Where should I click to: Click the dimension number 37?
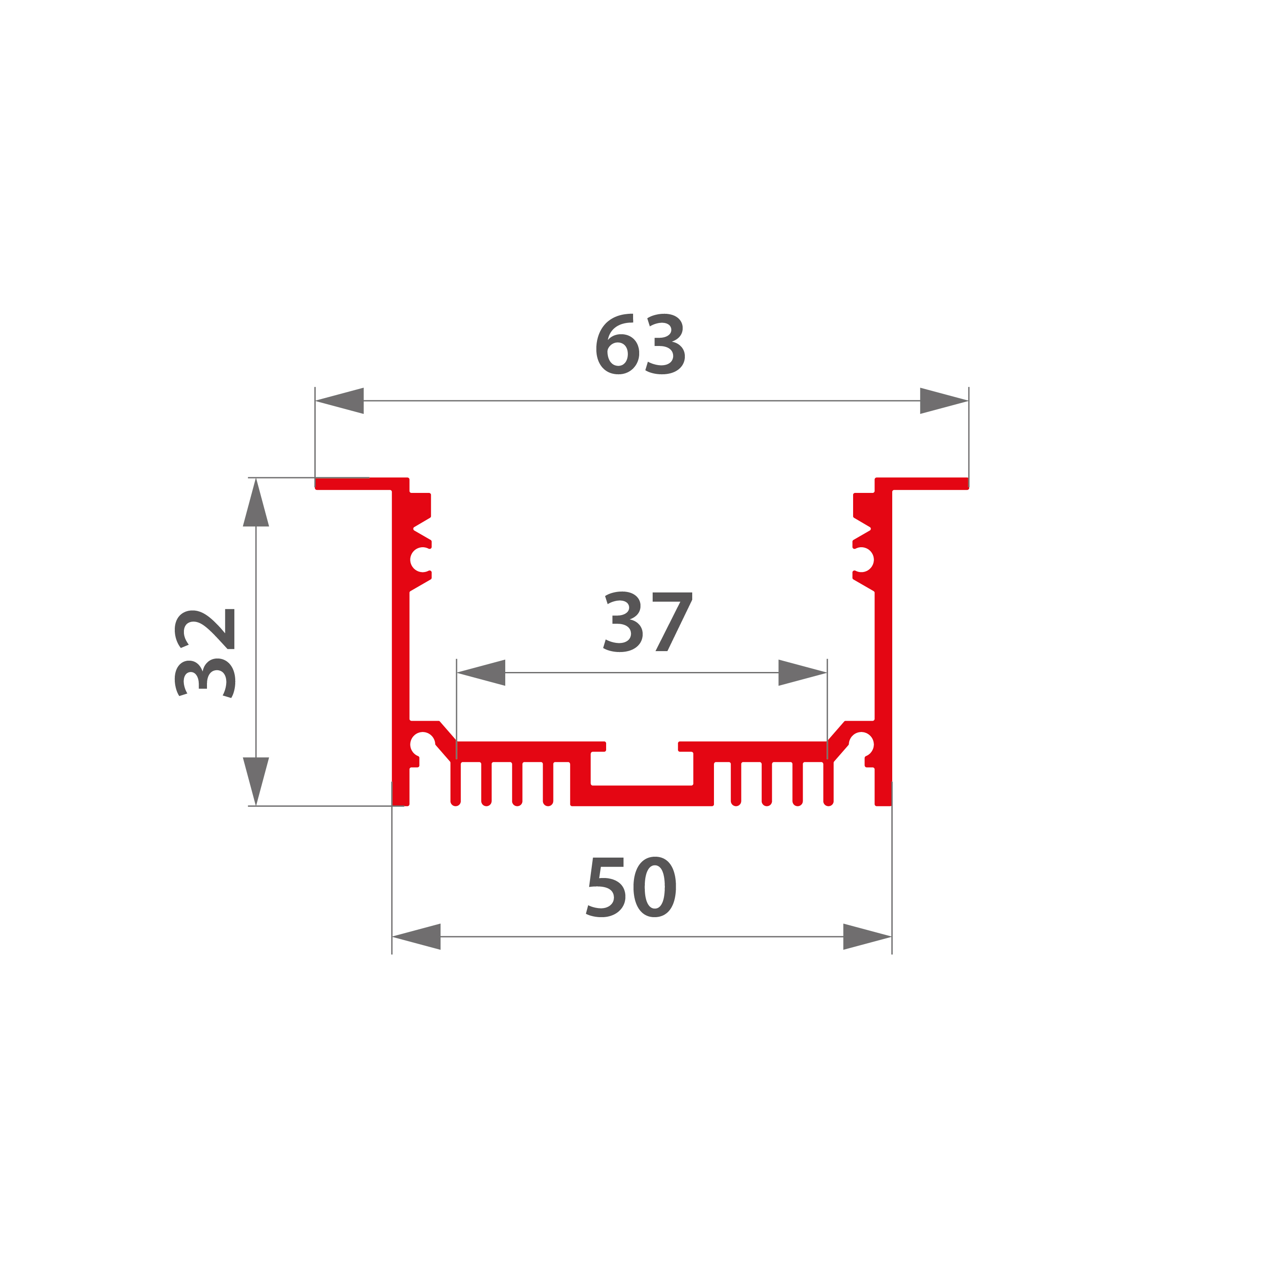point(647,622)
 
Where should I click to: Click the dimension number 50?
point(631,887)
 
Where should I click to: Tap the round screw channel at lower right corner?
point(861,744)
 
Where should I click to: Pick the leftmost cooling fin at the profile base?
point(456,784)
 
